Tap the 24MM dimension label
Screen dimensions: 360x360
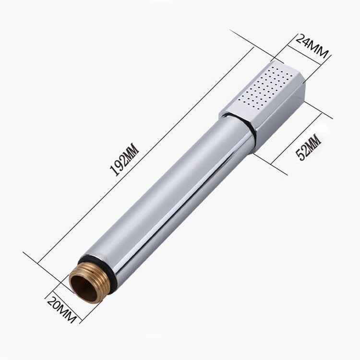[x=312, y=46]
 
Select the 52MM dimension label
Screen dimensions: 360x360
[x=308, y=148]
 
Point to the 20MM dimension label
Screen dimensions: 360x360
[x=61, y=310]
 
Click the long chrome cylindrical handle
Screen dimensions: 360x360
[x=170, y=195]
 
